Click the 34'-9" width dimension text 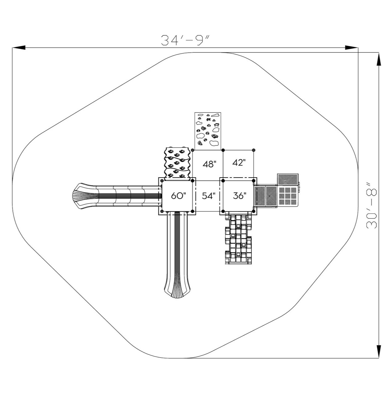pyautogui.click(x=185, y=40)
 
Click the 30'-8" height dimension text pyautogui.click(x=371, y=206)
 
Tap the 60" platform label pyautogui.click(x=179, y=196)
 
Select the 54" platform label pyautogui.click(x=209, y=196)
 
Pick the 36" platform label pyautogui.click(x=240, y=196)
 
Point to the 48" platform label pyautogui.click(x=209, y=164)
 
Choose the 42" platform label pyautogui.click(x=239, y=162)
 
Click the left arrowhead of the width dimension pyautogui.click(x=19, y=47)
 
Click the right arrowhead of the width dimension pyautogui.click(x=351, y=47)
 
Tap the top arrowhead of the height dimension pyautogui.click(x=378, y=59)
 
